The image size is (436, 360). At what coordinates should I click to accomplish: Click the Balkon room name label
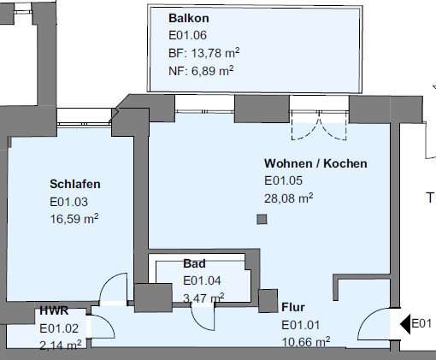(189, 18)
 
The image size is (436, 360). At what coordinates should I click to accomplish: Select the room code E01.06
(187, 35)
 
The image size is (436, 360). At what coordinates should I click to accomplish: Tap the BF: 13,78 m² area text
(204, 53)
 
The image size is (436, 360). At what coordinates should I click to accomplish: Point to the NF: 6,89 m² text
(201, 71)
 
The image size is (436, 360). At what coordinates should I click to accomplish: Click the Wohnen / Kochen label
(315, 163)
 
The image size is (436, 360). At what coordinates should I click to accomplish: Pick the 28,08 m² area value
(289, 198)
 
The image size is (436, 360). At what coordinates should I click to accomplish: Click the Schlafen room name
(75, 184)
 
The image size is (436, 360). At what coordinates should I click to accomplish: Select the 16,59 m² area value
(74, 219)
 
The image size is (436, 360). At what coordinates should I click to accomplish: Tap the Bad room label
(194, 263)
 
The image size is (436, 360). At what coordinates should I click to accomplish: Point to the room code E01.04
(202, 280)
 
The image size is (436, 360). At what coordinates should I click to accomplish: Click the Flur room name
(293, 307)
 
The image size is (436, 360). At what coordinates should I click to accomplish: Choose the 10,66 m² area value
(306, 341)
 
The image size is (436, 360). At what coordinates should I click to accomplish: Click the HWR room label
(54, 310)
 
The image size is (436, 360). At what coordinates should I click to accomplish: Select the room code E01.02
(59, 328)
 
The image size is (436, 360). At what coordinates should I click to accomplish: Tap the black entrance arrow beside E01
(405, 324)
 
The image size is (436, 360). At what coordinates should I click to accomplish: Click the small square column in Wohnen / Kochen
(262, 219)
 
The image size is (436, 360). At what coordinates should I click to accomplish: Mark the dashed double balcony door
(319, 129)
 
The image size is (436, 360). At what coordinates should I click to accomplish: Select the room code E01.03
(68, 202)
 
